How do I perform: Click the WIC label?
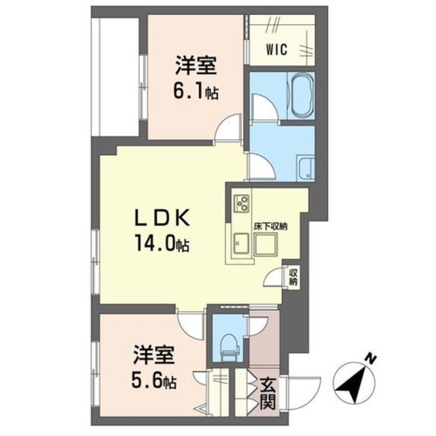(x=277, y=50)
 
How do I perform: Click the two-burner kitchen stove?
(x=241, y=202)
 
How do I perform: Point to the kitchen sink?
(x=241, y=244)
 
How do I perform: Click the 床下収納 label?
(x=270, y=226)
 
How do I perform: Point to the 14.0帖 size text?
(x=162, y=243)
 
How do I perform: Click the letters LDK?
(x=162, y=217)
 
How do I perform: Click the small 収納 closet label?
(x=293, y=277)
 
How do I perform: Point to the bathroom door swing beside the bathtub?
(x=264, y=107)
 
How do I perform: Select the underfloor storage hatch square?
(x=266, y=244)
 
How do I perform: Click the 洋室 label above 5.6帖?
(x=154, y=355)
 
